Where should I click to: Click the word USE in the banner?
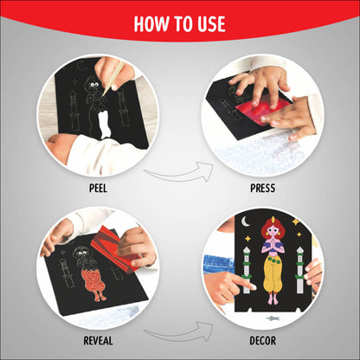pos(211,24)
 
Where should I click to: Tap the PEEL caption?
pos(98,189)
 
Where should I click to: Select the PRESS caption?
pos(262,189)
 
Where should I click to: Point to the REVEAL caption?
pos(98,341)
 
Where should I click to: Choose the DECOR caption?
pos(262,341)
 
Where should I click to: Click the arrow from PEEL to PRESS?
pos(179,175)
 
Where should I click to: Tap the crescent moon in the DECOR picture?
pos(245,222)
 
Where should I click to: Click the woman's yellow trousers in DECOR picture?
pos(272,274)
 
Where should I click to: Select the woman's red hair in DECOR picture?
pos(271,228)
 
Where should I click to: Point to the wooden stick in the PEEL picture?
pos(115,77)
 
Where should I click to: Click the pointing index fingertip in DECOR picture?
pos(253,286)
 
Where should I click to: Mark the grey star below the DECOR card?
pos(272,318)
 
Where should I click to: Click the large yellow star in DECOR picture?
pos(296,222)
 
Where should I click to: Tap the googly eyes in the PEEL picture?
pos(94,85)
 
